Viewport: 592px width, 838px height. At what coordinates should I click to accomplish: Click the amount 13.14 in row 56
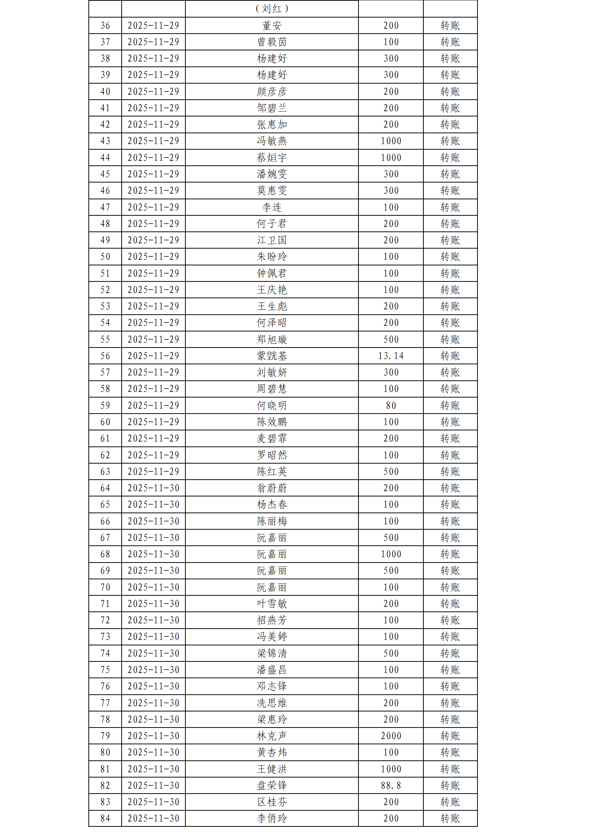pyautogui.click(x=391, y=356)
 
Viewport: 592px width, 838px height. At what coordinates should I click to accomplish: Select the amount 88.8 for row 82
pyautogui.click(x=391, y=785)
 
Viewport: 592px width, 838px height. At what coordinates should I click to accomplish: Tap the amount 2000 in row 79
pyautogui.click(x=391, y=736)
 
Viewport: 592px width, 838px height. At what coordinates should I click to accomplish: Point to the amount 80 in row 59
pyautogui.click(x=391, y=405)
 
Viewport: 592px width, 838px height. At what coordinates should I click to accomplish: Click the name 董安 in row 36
pyautogui.click(x=272, y=26)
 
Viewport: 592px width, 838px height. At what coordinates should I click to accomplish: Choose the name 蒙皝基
pyautogui.click(x=272, y=356)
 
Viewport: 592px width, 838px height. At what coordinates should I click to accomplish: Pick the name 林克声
pyautogui.click(x=272, y=736)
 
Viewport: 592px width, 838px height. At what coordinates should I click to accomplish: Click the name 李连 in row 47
pyautogui.click(x=272, y=207)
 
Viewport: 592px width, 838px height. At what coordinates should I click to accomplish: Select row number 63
pyautogui.click(x=105, y=471)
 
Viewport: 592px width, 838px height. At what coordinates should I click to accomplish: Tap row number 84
pyautogui.click(x=105, y=818)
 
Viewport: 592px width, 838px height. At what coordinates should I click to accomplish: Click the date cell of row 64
pyautogui.click(x=153, y=488)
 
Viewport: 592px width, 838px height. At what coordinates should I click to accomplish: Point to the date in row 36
pyautogui.click(x=153, y=26)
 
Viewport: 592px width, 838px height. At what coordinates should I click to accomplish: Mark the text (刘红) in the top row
pyautogui.click(x=272, y=9)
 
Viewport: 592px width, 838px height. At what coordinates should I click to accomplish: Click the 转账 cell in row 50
pyautogui.click(x=450, y=257)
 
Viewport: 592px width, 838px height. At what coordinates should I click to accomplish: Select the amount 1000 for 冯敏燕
pyautogui.click(x=391, y=141)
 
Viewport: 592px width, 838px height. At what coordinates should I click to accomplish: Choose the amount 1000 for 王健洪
pyautogui.click(x=391, y=769)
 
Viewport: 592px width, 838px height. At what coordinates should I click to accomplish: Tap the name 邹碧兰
pyautogui.click(x=272, y=108)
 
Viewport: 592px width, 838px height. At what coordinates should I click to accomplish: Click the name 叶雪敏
pyautogui.click(x=272, y=604)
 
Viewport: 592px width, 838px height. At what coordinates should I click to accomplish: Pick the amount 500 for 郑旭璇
pyautogui.click(x=391, y=339)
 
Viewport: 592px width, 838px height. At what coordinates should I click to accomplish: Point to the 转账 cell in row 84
pyautogui.click(x=450, y=818)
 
